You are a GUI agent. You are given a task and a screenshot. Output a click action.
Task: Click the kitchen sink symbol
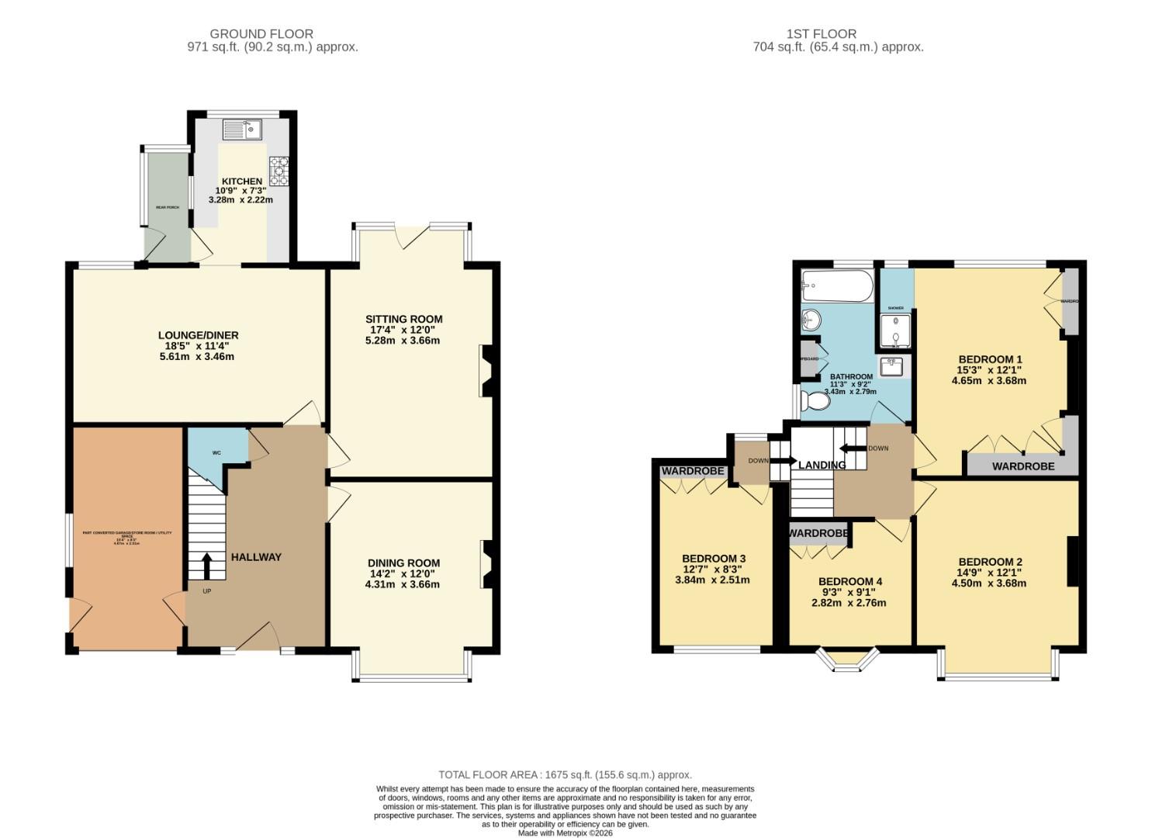[x=244, y=130]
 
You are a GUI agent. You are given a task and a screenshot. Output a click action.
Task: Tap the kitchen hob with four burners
[x=278, y=171]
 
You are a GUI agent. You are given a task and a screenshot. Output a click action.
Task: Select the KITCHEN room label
[x=242, y=181]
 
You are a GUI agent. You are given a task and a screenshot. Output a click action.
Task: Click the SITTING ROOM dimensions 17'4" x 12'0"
[x=403, y=330]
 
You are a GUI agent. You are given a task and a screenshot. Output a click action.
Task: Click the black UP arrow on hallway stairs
[x=206, y=566]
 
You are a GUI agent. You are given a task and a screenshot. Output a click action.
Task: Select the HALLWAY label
[x=256, y=557]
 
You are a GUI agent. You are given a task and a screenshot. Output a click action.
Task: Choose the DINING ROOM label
[x=403, y=563]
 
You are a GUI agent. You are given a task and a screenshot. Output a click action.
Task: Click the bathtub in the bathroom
[x=836, y=286]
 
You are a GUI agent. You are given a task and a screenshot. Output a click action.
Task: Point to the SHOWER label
[x=896, y=308]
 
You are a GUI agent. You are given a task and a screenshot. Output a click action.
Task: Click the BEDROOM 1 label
[x=990, y=359]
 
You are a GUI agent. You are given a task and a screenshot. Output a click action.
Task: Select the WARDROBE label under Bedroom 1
[x=1023, y=466]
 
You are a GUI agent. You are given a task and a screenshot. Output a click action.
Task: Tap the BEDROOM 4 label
[x=849, y=581]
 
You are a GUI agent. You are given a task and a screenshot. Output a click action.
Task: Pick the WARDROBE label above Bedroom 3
[x=692, y=471]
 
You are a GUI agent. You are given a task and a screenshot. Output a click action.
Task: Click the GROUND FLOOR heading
[x=261, y=33]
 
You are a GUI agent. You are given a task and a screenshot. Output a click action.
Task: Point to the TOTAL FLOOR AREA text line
[x=565, y=774]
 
